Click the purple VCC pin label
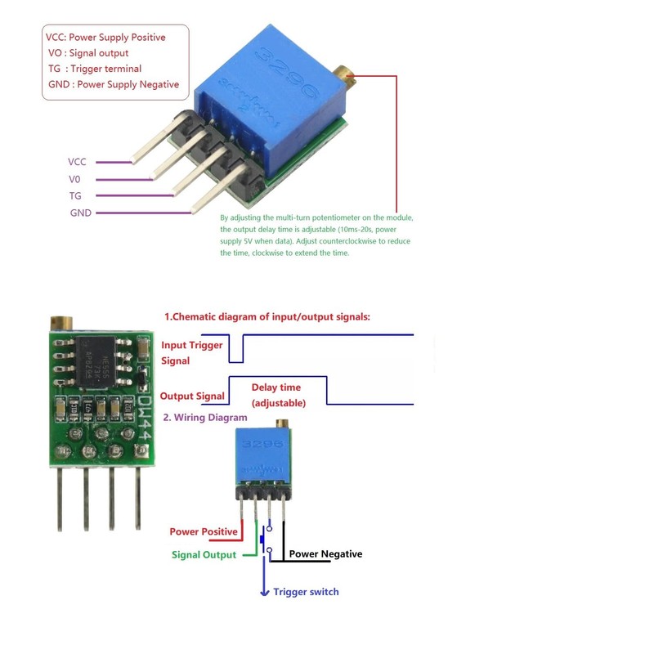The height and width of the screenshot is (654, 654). click(x=77, y=162)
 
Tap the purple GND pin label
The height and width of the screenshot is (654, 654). click(x=80, y=213)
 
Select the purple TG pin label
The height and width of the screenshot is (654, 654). click(x=75, y=196)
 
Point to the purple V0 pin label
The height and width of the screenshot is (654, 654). click(x=74, y=179)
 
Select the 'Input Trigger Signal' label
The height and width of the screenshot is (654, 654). click(x=191, y=352)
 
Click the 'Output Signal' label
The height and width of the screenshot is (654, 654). click(x=192, y=396)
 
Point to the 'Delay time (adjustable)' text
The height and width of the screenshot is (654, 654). click(x=276, y=395)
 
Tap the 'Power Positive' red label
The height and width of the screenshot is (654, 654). click(x=204, y=531)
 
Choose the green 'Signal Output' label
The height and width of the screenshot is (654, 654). click(x=204, y=555)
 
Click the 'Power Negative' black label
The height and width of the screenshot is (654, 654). click(x=325, y=554)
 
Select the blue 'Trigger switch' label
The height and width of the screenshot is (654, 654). click(x=306, y=592)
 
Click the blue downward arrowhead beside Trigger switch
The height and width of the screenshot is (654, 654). click(x=263, y=591)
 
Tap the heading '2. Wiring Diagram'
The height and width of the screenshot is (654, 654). click(x=205, y=418)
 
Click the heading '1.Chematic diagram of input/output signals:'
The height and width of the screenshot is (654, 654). click(x=267, y=316)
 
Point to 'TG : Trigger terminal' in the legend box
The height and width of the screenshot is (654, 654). click(x=95, y=69)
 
